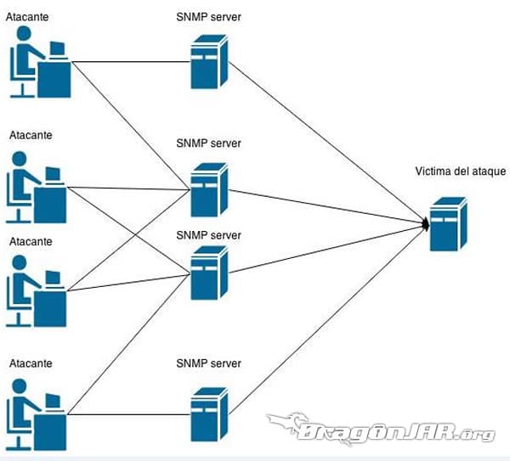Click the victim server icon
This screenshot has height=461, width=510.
pos(449,223)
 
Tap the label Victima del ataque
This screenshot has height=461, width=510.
pos(461,171)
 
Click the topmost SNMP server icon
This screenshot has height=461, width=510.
pos(209,61)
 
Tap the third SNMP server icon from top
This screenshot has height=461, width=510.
pos(209,272)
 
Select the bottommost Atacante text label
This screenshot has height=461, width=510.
pos(30,363)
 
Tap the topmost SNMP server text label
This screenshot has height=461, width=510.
pos(208,15)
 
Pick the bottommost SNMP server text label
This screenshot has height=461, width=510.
pos(208,363)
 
